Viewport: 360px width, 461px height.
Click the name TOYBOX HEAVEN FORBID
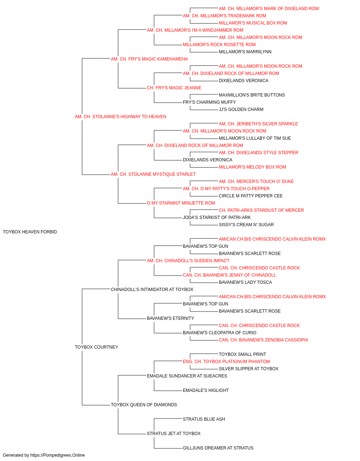[x=30, y=232]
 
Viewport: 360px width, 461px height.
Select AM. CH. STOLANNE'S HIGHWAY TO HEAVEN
[x=121, y=117]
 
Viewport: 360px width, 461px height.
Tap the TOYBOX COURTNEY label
[x=96, y=347]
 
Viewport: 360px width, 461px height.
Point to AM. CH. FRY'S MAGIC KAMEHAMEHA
[x=149, y=59]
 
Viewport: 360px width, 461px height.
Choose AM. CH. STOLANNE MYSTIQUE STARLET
[x=153, y=174]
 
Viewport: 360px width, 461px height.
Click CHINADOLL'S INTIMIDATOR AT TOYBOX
[x=152, y=289]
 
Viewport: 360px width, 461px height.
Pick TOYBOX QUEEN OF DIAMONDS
[x=144, y=405]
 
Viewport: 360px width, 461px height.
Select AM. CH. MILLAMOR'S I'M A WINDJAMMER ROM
[x=195, y=30]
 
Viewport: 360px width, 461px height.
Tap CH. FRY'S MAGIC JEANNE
[x=174, y=88]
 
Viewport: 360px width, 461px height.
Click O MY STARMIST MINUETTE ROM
[x=181, y=203]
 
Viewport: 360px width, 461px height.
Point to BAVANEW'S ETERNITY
[x=170, y=318]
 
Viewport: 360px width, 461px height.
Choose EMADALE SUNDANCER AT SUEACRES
[x=187, y=376]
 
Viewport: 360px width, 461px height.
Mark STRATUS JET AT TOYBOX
[x=174, y=434]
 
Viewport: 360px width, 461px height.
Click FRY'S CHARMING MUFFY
[x=209, y=102]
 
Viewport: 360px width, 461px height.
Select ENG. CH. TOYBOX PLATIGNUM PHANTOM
[x=226, y=362]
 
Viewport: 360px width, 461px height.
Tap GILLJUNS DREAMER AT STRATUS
[x=218, y=448]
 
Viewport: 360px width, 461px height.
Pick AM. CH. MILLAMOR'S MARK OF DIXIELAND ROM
[x=269, y=9]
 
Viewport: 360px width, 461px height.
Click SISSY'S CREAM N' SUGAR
[x=246, y=225]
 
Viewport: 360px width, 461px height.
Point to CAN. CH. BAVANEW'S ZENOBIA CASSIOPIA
[x=263, y=340]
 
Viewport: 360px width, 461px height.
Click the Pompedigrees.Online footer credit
[x=44, y=455]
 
